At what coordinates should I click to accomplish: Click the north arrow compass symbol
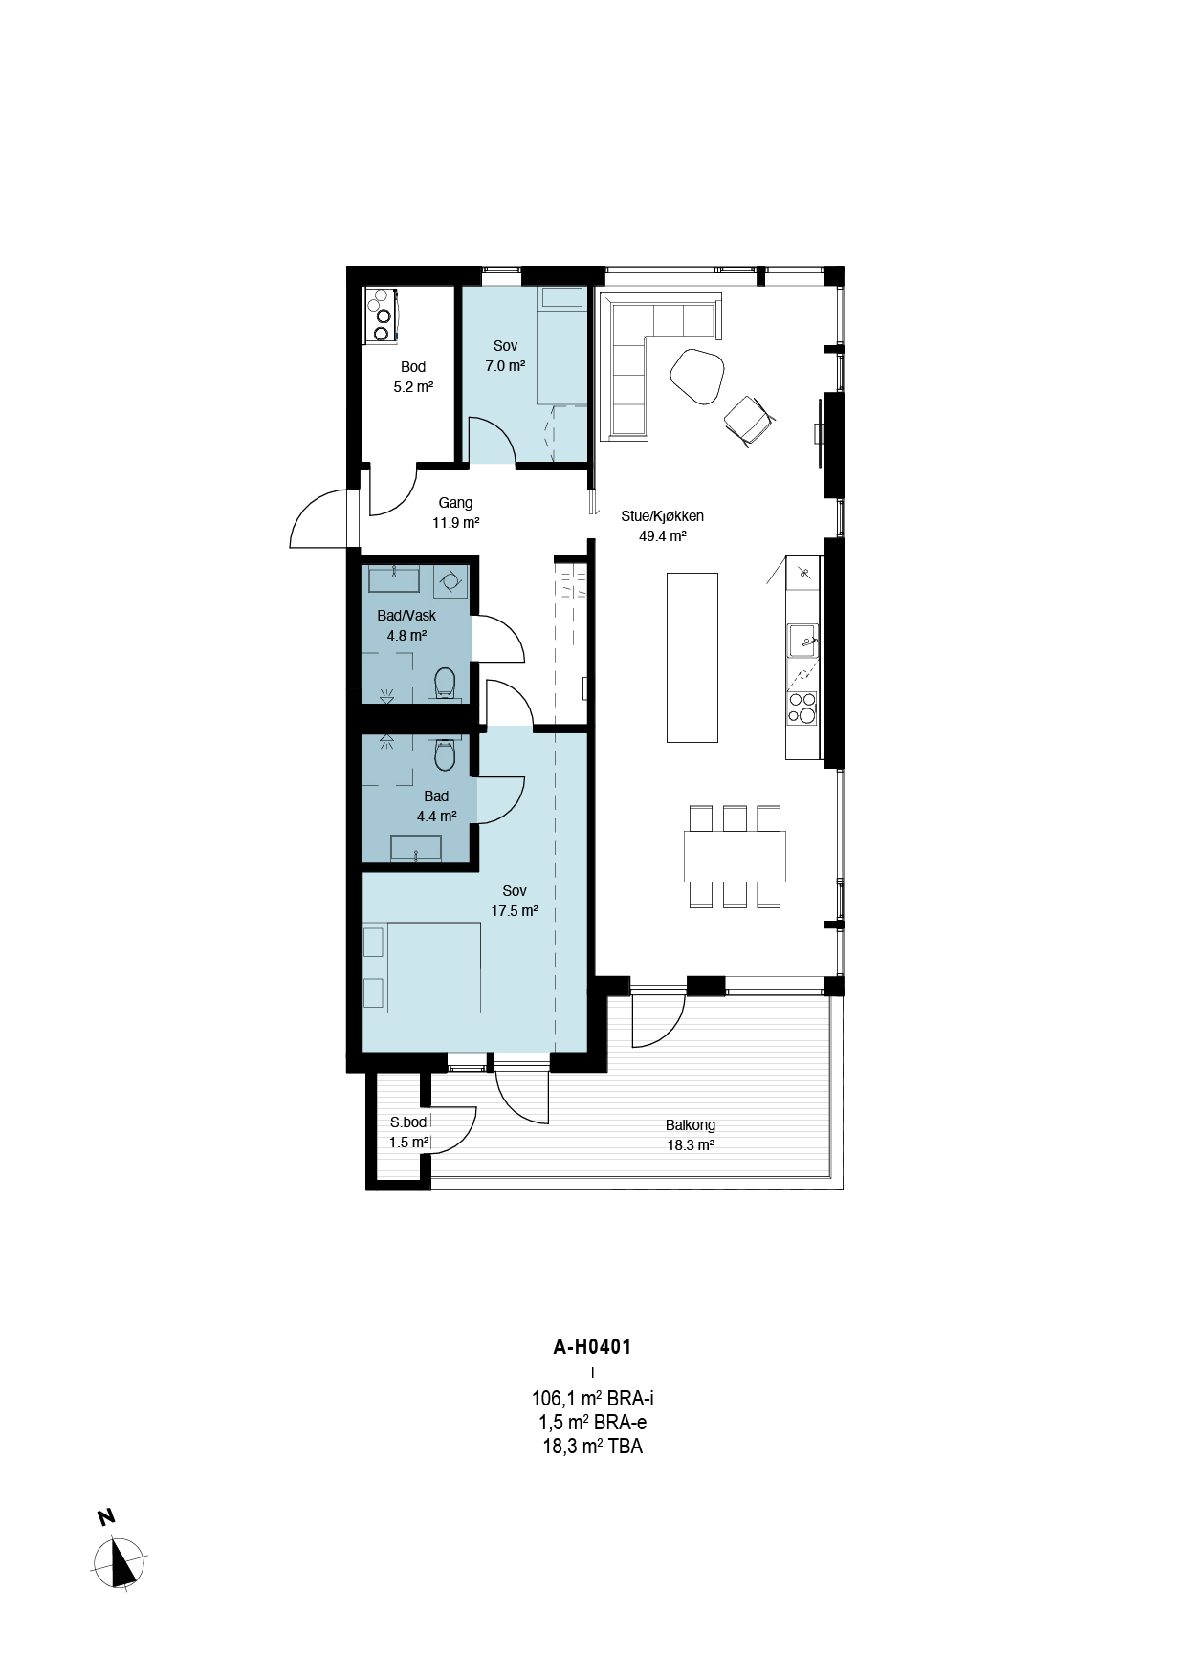pos(121,1563)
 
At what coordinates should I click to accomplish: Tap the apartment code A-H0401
pos(592,1347)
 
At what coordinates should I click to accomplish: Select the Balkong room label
pos(691,1125)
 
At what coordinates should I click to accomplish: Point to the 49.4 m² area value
pos(663,536)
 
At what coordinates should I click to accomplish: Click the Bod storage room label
pos(413,367)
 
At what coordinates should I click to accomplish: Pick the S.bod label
pos(408,1122)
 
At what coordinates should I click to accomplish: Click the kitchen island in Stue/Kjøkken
pos(692,657)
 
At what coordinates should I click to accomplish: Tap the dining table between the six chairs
pos(735,857)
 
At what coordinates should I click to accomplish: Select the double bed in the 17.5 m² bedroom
pos(421,967)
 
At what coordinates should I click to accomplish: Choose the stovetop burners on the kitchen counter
pos(802,708)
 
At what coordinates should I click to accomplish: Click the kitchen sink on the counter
pos(802,640)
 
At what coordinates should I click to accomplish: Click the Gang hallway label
pos(455,503)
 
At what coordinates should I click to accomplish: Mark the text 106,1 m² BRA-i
pos(592,1399)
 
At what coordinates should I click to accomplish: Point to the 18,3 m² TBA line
pos(592,1447)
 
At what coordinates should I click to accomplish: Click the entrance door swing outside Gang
pos(319,517)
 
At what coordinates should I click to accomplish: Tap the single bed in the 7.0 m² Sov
pos(560,345)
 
